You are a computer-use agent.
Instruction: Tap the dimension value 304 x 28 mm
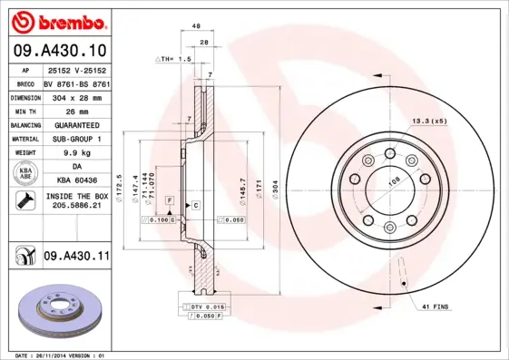[77, 96]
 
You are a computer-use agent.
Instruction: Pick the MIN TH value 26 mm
[77, 111]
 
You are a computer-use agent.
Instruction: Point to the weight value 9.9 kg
[77, 154]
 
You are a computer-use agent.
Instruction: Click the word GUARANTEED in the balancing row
[77, 125]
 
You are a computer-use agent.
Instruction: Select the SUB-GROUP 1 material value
[77, 140]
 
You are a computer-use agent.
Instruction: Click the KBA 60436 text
[77, 180]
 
